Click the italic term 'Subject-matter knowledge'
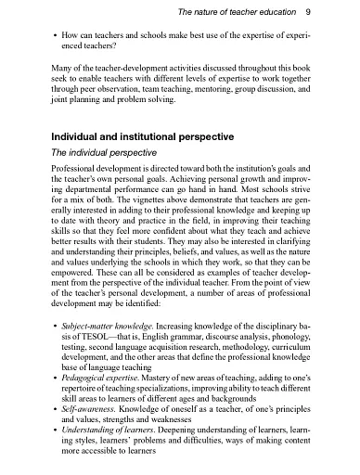102,328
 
